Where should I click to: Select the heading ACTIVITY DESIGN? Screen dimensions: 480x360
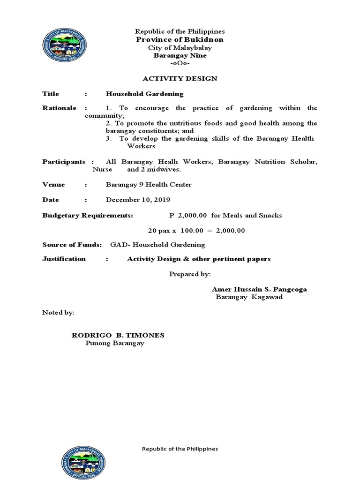(180, 78)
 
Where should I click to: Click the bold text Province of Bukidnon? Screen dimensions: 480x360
(180, 40)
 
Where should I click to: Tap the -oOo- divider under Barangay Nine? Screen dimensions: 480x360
(180, 63)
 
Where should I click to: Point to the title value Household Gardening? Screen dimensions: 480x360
(144, 94)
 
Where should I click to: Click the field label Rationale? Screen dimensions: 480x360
(59, 108)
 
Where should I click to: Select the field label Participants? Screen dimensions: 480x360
(64, 162)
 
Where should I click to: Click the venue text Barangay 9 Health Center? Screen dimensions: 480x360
(149, 185)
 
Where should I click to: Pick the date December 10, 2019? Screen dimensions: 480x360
(138, 200)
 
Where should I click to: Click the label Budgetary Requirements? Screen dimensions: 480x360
(88, 216)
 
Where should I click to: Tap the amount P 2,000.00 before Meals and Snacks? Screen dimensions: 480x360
(188, 216)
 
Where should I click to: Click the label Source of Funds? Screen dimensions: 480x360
(72, 245)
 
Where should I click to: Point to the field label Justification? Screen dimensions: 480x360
(64, 259)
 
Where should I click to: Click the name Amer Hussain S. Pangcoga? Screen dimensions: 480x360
(259, 289)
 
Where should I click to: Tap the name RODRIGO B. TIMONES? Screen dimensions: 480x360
(118, 336)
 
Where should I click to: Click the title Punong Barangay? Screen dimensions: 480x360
(115, 344)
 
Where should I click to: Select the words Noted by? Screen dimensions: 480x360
(58, 312)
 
